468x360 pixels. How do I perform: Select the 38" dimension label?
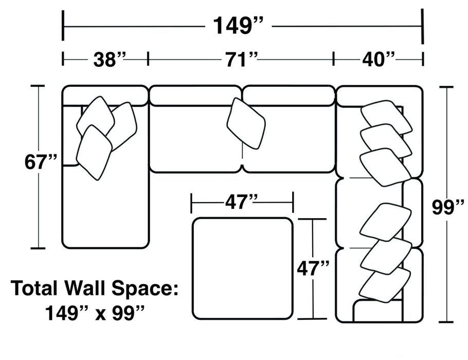(109, 59)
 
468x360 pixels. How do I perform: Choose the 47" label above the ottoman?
(241, 202)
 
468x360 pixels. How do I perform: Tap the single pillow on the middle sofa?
(246, 123)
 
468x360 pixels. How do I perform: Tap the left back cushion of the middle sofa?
(195, 96)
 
